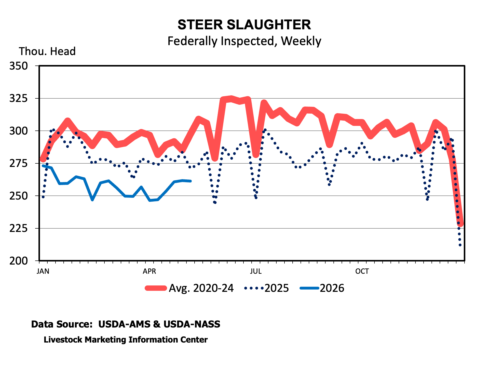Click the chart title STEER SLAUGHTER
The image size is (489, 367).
tap(244, 25)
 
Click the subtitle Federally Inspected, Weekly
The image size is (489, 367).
tap(244, 41)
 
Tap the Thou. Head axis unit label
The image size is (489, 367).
tap(47, 51)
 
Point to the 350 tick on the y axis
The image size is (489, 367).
tap(19, 66)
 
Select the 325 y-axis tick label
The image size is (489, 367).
tap(19, 98)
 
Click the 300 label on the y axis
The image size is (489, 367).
tap(19, 131)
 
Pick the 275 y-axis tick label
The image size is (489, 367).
tap(19, 163)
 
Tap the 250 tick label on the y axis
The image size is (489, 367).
tap(19, 196)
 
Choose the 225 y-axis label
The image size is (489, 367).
tap(19, 228)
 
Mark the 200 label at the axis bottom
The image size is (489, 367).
tap(19, 261)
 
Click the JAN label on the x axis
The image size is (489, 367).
tap(43, 271)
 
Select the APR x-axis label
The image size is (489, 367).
tap(149, 271)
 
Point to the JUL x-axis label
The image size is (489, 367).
tap(256, 271)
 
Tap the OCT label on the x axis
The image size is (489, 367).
tap(362, 271)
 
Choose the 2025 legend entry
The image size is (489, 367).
tap(266, 288)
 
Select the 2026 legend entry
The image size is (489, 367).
tap(322, 288)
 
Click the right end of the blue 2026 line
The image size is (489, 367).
tap(191, 181)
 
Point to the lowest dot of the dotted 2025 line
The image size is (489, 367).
tap(460, 245)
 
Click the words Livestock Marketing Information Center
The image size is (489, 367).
tap(126, 340)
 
